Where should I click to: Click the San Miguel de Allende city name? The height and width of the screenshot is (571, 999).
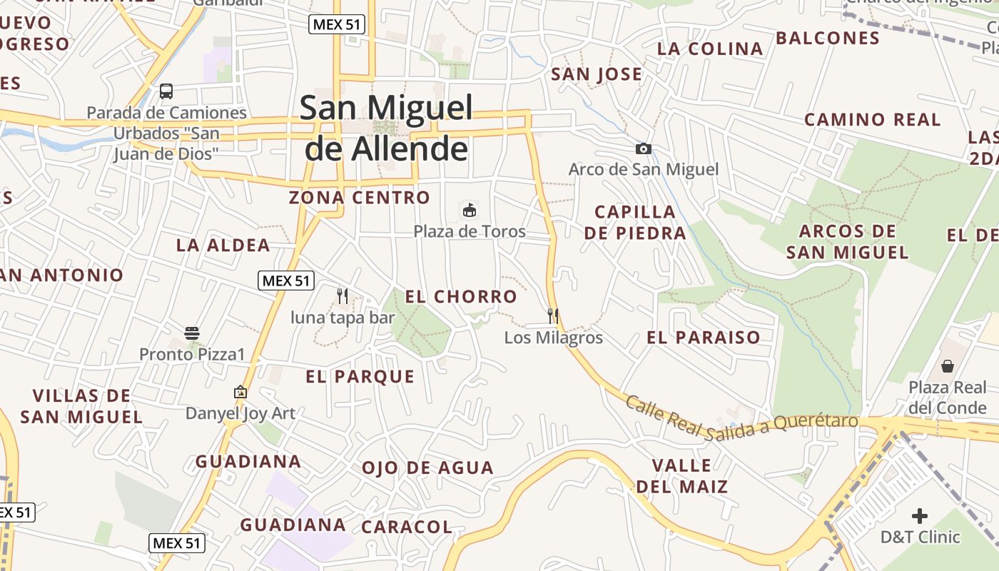(x=386, y=128)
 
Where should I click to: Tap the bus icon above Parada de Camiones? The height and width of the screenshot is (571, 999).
(x=166, y=91)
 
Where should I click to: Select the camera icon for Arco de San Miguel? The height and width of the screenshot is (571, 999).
(x=644, y=148)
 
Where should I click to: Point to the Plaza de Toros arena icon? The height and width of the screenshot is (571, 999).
(x=470, y=211)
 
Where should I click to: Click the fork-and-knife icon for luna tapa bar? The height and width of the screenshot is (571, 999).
(x=343, y=295)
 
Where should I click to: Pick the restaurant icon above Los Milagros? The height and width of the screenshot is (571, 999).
(x=553, y=315)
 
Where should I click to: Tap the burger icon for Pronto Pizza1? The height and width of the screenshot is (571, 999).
(x=192, y=333)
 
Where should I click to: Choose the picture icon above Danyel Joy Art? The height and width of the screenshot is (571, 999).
(x=240, y=392)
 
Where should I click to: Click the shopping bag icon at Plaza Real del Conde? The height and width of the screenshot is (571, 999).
(x=948, y=366)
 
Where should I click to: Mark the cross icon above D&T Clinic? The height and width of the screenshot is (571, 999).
(x=920, y=515)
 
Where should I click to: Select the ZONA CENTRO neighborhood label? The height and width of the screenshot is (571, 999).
(x=360, y=198)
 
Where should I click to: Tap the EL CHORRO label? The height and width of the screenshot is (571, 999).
(x=461, y=296)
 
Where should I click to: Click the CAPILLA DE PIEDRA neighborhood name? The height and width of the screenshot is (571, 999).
(x=635, y=222)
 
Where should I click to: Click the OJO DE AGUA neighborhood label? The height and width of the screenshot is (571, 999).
(x=427, y=468)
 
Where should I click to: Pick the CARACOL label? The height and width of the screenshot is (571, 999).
(x=407, y=527)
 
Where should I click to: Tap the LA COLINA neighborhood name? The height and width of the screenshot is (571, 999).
(x=710, y=49)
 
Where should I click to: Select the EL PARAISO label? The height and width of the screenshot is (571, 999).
(x=704, y=338)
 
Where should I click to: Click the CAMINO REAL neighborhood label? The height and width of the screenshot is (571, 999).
(x=873, y=120)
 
